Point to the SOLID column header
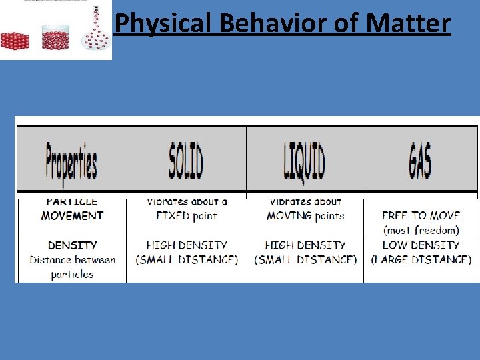[x=186, y=161]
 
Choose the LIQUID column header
[x=304, y=161]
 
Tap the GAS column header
[x=421, y=161]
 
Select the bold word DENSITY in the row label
[x=72, y=245]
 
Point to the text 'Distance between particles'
[x=72, y=267]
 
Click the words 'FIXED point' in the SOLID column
[x=187, y=216]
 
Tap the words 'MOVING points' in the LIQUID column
[x=305, y=216]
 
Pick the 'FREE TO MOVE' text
[x=421, y=216]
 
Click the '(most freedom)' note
[x=421, y=231]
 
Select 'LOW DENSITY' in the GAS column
[x=421, y=245]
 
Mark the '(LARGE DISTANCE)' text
[x=421, y=259]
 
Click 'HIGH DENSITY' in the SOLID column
[x=187, y=245]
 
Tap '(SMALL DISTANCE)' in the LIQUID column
[x=305, y=259]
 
